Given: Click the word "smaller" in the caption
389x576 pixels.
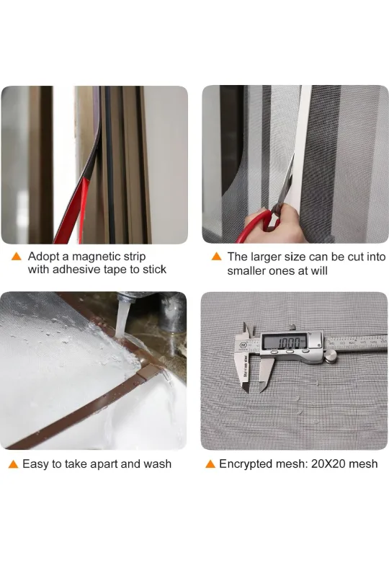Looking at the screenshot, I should pyautogui.click(x=249, y=271).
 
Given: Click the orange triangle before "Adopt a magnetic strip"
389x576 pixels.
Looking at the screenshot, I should pyautogui.click(x=16, y=257).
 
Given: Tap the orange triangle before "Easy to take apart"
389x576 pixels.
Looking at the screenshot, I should pyautogui.click(x=12, y=464).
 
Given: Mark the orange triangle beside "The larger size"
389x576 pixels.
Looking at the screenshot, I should pyautogui.click(x=216, y=257).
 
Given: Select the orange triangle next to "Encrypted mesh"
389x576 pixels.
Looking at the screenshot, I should pyautogui.click(x=210, y=464).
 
